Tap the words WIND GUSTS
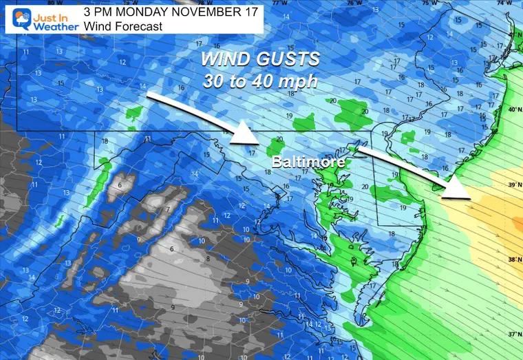tap(259, 59)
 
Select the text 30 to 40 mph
tap(259, 81)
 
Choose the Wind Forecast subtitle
tap(122, 26)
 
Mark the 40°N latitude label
tap(513, 109)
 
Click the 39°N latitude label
tap(513, 185)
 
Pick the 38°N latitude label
tap(513, 260)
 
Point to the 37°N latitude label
tap(513, 335)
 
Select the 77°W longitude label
tap(279, 3)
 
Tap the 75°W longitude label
tap(428, 3)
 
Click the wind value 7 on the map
tap(167, 209)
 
